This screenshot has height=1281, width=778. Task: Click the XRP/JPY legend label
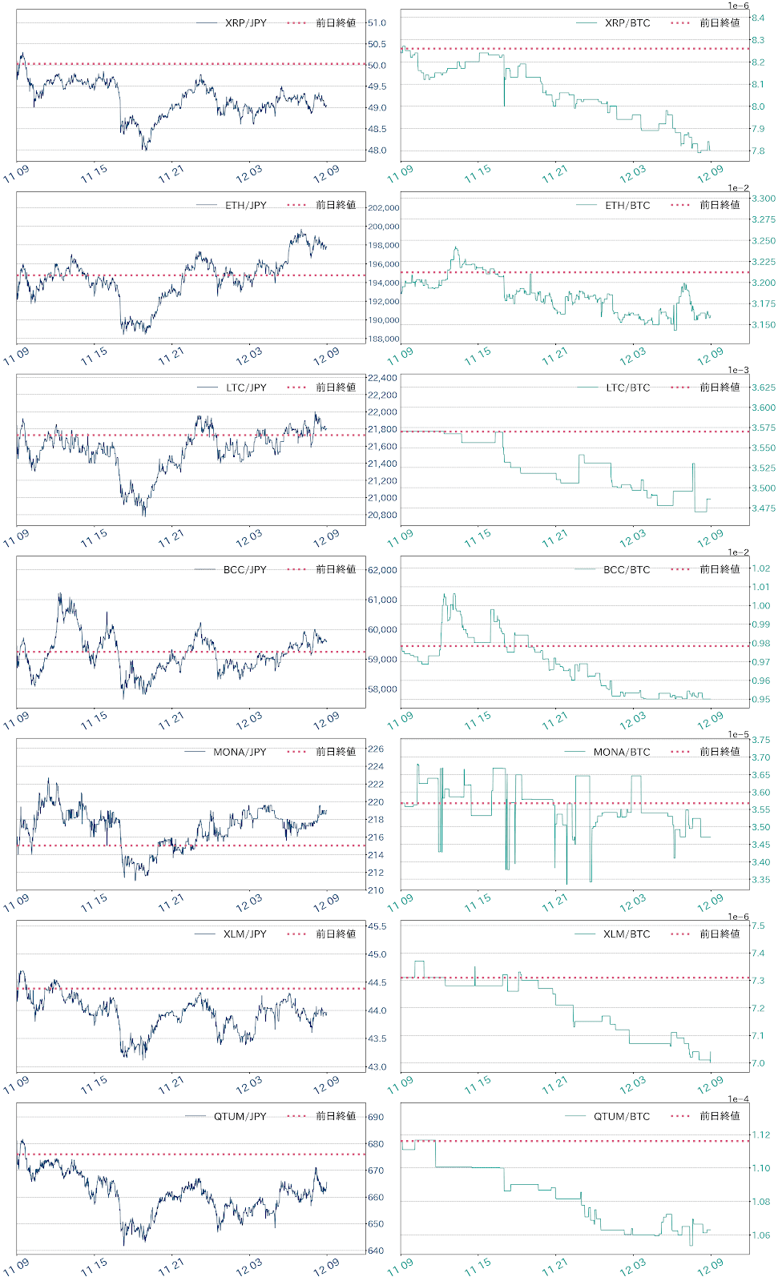coord(245,23)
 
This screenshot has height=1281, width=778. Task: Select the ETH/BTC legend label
coord(627,206)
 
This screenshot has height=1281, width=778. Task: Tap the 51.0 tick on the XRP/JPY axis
coord(377,23)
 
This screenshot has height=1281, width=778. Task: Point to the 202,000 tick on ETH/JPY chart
coord(383,208)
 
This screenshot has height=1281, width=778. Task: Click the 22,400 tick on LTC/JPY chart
coord(382,378)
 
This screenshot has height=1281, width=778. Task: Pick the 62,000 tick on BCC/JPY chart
coord(382,570)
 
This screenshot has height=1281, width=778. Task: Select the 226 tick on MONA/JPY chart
coord(376,749)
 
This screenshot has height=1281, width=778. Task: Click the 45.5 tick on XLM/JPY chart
coord(377,926)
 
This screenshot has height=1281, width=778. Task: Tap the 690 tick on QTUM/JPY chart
coord(376,1117)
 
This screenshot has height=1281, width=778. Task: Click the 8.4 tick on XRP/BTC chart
coord(757,18)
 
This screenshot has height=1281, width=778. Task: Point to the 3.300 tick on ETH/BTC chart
coord(763,199)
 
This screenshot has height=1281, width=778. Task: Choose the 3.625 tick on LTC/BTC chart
coord(763,388)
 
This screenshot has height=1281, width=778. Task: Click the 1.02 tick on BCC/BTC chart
coord(760,568)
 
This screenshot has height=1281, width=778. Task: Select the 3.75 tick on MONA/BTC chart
coord(760,740)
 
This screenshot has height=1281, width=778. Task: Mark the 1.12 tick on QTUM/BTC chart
coord(760,1135)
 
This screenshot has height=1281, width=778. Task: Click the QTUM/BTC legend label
coord(622,1116)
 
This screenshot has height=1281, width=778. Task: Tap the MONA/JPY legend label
coord(240,752)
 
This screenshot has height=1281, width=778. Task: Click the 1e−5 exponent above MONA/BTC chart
coord(738,734)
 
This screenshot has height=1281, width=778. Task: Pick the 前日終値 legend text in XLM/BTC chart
coord(720,934)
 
